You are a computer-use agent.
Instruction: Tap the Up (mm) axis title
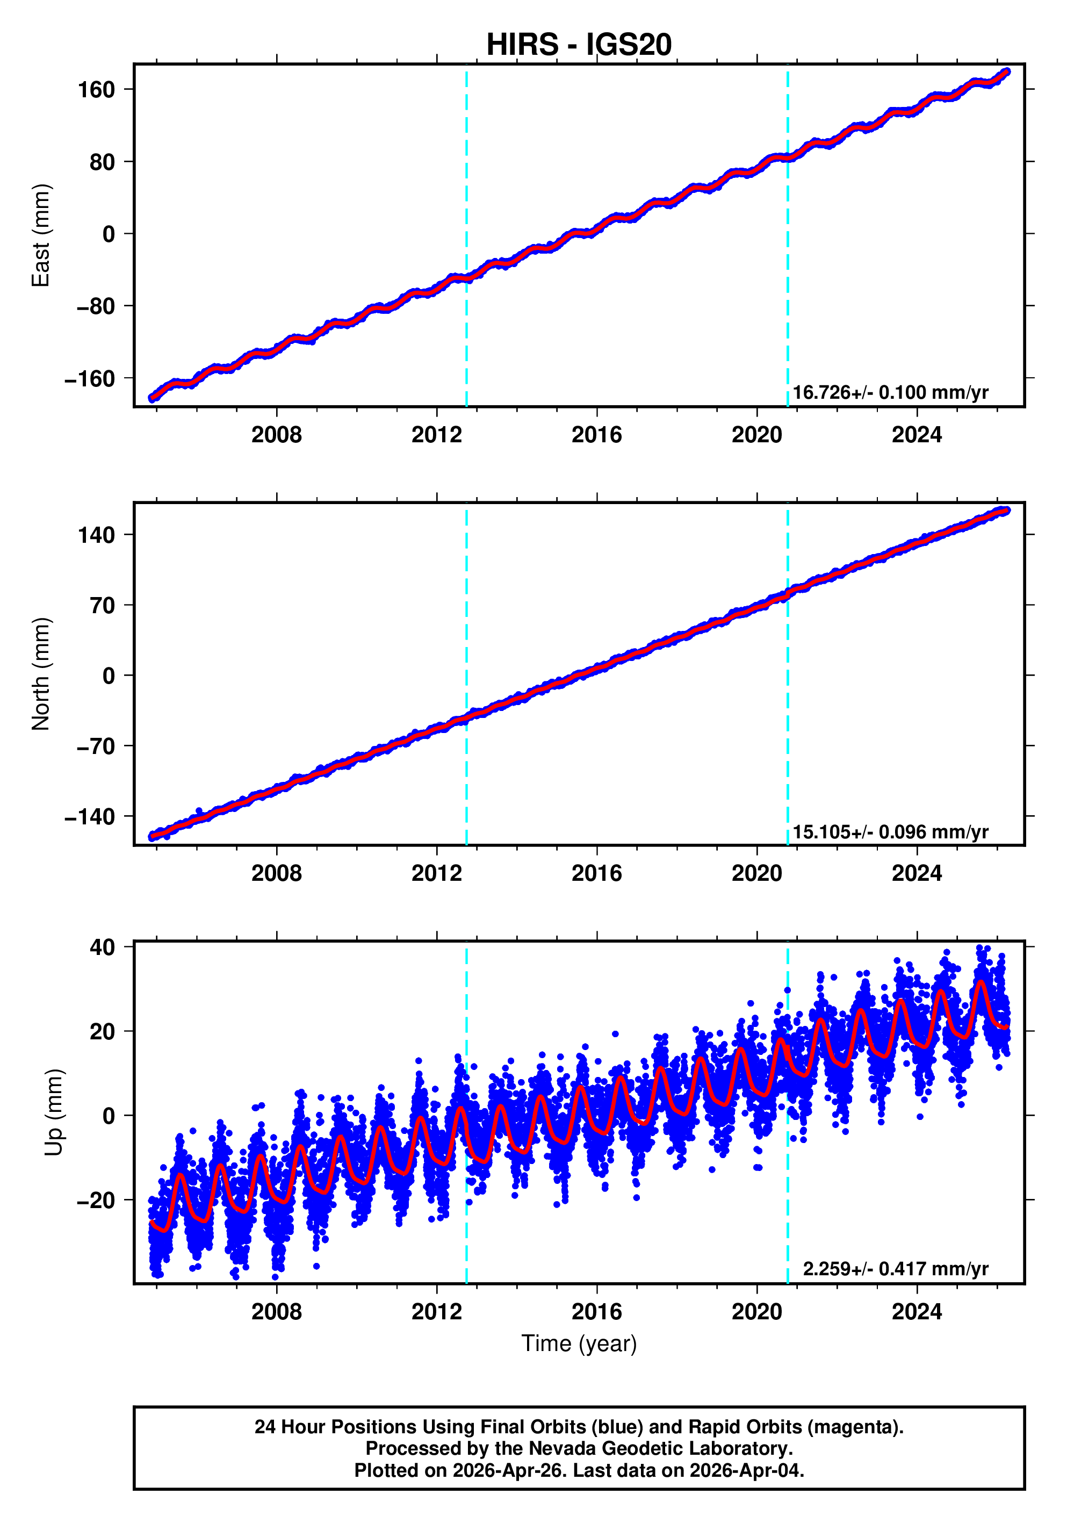54,1112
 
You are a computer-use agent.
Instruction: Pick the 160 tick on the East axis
96,90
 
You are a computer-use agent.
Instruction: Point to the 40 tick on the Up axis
102,947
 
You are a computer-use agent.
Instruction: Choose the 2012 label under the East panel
436,435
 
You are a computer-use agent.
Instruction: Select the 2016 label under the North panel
596,874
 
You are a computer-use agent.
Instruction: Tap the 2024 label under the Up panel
917,1312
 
